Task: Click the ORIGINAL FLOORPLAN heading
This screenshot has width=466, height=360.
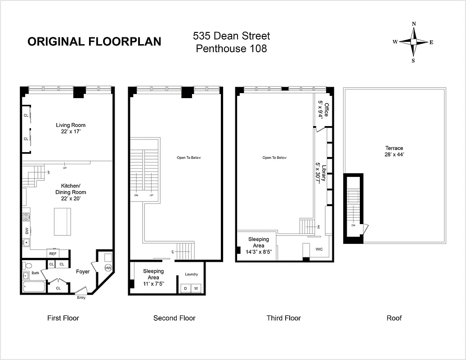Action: tap(94, 41)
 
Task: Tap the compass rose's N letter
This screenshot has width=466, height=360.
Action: tap(414, 24)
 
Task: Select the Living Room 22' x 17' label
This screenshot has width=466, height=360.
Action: tap(71, 128)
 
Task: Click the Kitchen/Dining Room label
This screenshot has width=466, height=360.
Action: tap(71, 192)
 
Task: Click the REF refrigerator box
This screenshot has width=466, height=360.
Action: tap(53, 254)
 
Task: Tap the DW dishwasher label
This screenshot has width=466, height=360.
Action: tap(26, 231)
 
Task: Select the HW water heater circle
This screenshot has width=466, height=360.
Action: tap(108, 268)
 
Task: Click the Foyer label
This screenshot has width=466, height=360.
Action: tap(83, 271)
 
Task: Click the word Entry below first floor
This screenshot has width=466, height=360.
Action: tap(81, 297)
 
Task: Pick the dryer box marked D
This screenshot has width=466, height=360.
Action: tap(185, 288)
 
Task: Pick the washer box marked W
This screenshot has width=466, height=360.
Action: tap(196, 288)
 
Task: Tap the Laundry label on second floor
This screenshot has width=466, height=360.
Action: tap(191, 274)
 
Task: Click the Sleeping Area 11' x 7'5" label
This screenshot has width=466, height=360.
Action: tap(153, 274)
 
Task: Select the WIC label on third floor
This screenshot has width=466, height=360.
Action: tap(319, 249)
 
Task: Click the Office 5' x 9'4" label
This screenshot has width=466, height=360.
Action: tap(324, 110)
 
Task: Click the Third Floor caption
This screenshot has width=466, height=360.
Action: tap(283, 318)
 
